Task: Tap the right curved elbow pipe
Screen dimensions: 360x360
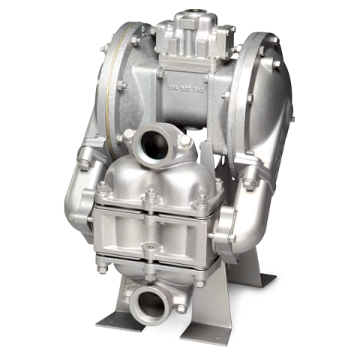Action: pos(247,210)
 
